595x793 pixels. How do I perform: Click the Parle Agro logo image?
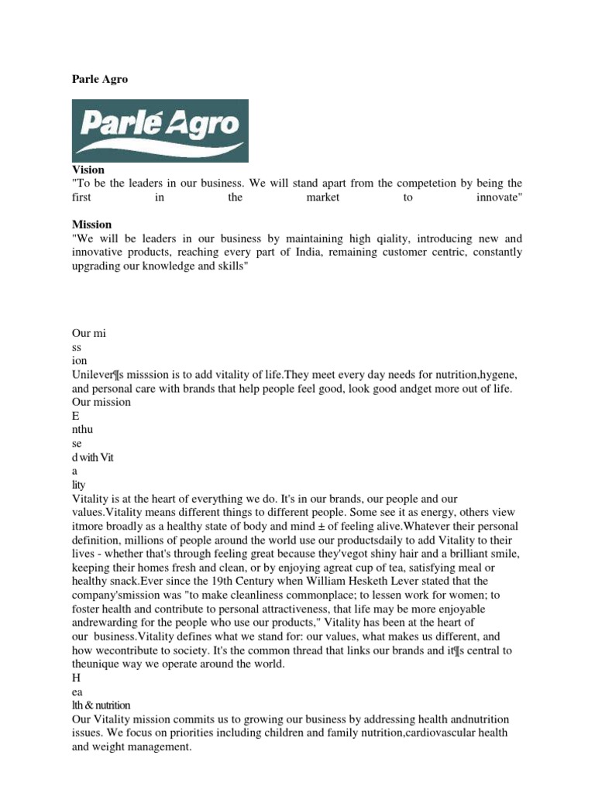(x=160, y=130)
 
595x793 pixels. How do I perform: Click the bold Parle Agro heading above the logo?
(x=100, y=80)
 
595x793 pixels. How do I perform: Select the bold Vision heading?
(x=88, y=170)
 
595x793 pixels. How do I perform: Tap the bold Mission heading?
(x=91, y=225)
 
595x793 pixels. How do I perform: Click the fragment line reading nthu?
(x=82, y=429)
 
